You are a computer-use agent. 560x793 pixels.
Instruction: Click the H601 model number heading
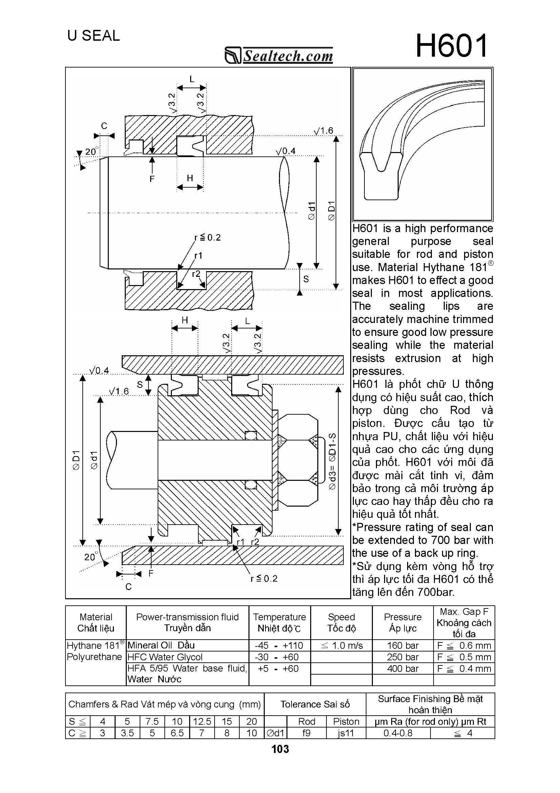coord(451,46)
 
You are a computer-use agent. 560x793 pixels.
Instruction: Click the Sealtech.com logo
coord(279,56)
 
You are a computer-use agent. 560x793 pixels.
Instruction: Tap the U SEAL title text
coord(94,36)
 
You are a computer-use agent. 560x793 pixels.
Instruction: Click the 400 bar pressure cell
coord(402,669)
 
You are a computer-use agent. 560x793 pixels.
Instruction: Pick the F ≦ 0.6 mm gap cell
coord(464,645)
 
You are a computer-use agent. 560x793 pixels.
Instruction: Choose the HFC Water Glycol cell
coord(165,657)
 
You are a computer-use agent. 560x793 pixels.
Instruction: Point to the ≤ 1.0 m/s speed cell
coord(341,645)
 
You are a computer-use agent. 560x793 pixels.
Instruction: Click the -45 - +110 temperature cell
coord(279,645)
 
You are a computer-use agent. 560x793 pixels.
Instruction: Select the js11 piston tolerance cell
coord(346,733)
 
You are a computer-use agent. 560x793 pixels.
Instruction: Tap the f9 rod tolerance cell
coord(306,733)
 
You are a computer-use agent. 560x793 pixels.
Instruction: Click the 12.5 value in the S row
coord(202,721)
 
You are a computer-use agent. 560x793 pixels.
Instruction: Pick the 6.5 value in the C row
coord(177,733)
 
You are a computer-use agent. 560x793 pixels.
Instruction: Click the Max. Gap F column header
coord(464,623)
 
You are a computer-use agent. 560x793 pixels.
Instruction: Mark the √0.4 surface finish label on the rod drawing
coord(286,151)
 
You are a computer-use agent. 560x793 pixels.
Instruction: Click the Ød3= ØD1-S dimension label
coord(332,461)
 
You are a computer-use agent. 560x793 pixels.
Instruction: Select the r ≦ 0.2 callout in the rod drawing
coord(207,238)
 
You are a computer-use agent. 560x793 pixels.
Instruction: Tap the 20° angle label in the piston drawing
coord(91,557)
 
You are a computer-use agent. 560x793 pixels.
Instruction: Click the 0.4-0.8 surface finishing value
coord(398,733)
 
